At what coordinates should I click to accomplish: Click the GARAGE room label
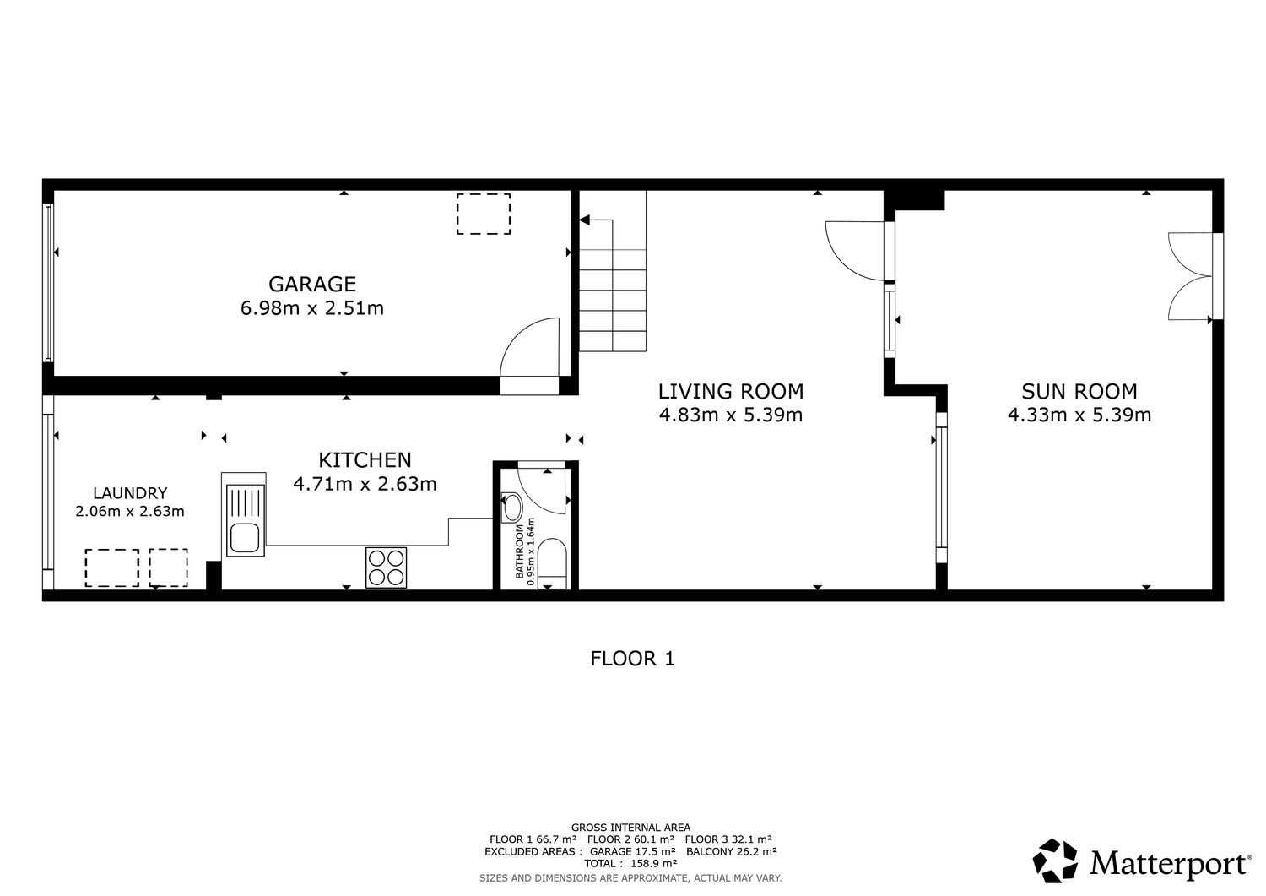tap(312, 284)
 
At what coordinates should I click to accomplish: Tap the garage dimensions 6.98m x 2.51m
tap(312, 308)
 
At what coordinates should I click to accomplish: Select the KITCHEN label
tap(365, 460)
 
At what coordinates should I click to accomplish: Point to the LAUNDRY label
tap(130, 493)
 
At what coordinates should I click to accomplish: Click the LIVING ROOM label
tap(731, 391)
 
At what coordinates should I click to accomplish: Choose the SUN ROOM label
tap(1079, 391)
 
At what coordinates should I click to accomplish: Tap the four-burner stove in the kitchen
tap(386, 567)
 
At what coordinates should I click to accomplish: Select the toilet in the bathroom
tap(552, 563)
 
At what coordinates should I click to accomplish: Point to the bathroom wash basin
tap(512, 508)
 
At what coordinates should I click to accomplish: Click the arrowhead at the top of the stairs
tap(584, 220)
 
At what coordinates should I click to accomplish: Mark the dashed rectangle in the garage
tap(484, 214)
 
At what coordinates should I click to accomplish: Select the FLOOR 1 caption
tap(632, 659)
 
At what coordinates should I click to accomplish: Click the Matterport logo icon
tap(1055, 861)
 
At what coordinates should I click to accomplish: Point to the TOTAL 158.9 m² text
tap(630, 863)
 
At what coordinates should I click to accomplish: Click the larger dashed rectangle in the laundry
tap(112, 568)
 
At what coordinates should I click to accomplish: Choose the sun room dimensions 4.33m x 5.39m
tap(1079, 415)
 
